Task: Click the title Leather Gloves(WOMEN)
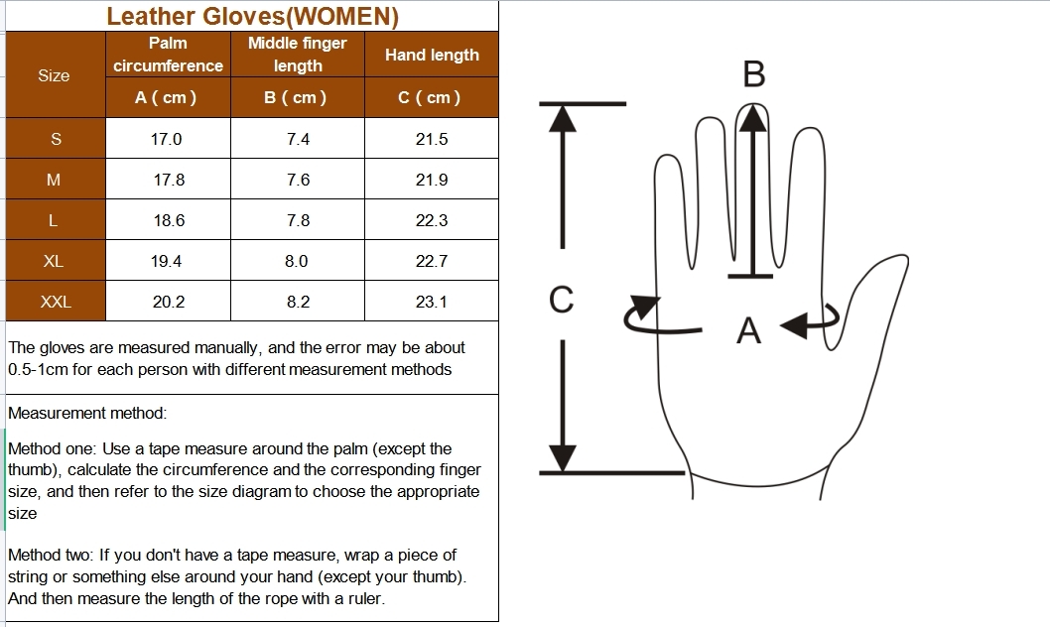252,16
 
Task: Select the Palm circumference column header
168,55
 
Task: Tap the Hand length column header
432,56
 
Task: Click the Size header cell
54,75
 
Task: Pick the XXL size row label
56,302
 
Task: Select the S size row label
56,140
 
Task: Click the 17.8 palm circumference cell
169,181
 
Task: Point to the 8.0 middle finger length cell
297,261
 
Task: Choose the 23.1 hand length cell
432,302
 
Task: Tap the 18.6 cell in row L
169,221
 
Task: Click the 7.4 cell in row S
298,140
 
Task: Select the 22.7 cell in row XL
432,261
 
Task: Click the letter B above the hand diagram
754,74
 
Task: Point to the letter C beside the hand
561,300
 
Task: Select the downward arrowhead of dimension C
563,456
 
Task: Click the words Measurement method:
87,413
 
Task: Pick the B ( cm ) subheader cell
298,97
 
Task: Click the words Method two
49,556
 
